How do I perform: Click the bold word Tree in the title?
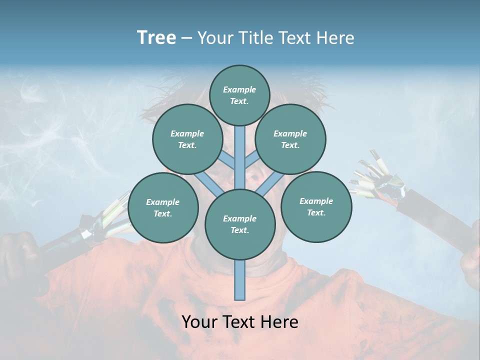tap(156, 38)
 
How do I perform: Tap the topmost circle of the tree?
tap(239, 95)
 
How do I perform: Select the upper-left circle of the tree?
tap(187, 139)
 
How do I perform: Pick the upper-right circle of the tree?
tap(290, 139)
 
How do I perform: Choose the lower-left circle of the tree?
tap(163, 208)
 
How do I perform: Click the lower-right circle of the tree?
tap(316, 206)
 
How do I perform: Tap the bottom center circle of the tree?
tap(240, 224)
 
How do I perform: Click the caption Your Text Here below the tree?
tap(240, 322)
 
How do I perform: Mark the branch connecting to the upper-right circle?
tap(252, 159)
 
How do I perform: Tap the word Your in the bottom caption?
tap(199, 322)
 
